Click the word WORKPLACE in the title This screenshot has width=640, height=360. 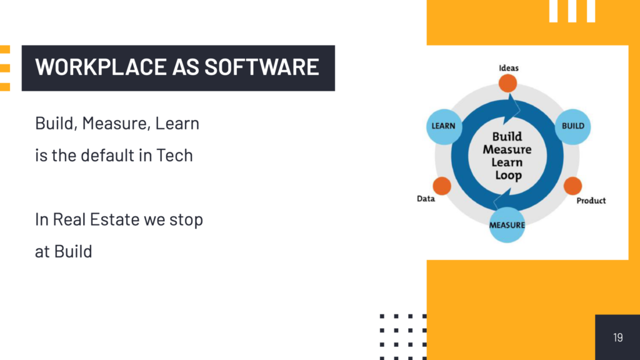point(101,67)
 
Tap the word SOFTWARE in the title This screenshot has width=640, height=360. point(262,67)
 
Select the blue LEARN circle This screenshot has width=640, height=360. point(444,126)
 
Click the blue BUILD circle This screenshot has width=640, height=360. point(572,126)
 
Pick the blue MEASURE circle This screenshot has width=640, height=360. point(507,225)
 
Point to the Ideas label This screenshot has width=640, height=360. point(509,68)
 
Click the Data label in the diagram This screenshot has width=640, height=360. point(426,199)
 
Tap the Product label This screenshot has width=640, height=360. point(591,201)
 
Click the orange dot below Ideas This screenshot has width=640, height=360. point(507,83)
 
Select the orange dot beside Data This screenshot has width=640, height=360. point(442,186)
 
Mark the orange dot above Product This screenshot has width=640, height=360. point(572,186)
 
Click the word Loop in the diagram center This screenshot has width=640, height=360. point(508,176)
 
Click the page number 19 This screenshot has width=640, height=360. point(617,337)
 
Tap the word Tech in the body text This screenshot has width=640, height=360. point(174,156)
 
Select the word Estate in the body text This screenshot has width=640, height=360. point(115,219)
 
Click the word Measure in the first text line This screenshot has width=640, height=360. point(115,123)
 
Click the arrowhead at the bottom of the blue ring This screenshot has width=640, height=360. point(502,198)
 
